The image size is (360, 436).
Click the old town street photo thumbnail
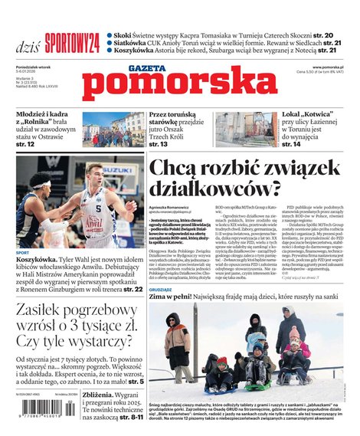pos(113,129)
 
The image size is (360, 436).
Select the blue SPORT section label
pos(23,252)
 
